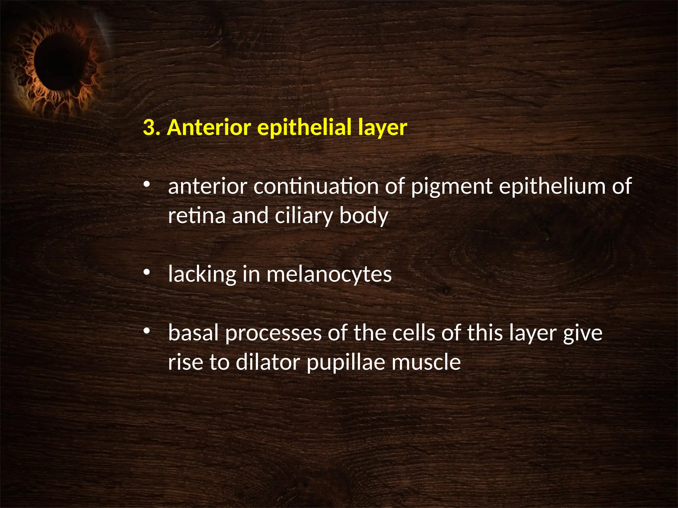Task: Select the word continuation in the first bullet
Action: pos(316,186)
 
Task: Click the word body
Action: pos(363,216)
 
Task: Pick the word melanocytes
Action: pos(329,275)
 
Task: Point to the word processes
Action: pos(273,333)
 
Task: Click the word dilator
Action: pos(268,362)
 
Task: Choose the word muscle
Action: pos(426,362)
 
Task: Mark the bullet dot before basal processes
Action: pos(147,331)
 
